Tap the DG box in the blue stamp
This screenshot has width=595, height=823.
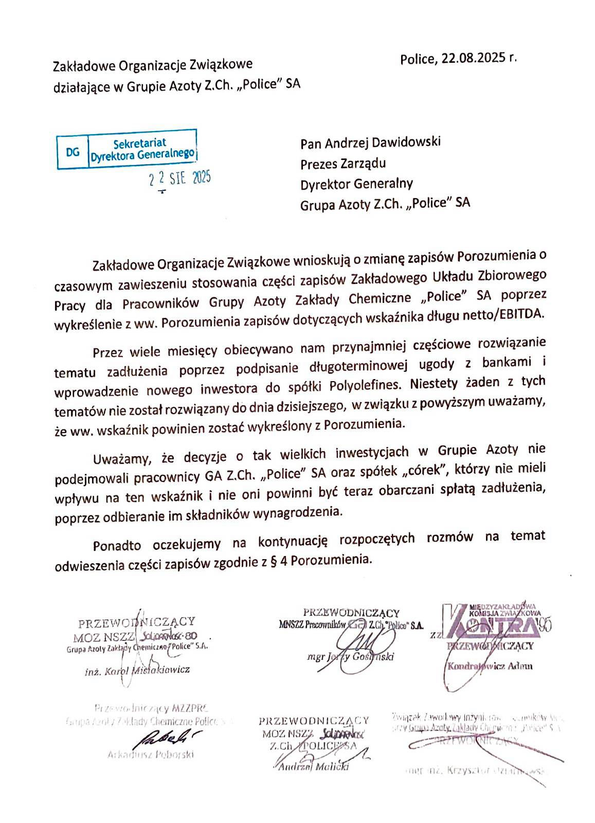(x=73, y=152)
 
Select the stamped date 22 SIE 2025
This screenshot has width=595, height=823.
(x=179, y=180)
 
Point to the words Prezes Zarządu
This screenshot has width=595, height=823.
(x=343, y=164)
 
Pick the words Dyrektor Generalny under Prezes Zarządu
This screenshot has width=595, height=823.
(x=356, y=184)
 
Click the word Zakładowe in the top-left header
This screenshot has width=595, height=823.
(x=85, y=66)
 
